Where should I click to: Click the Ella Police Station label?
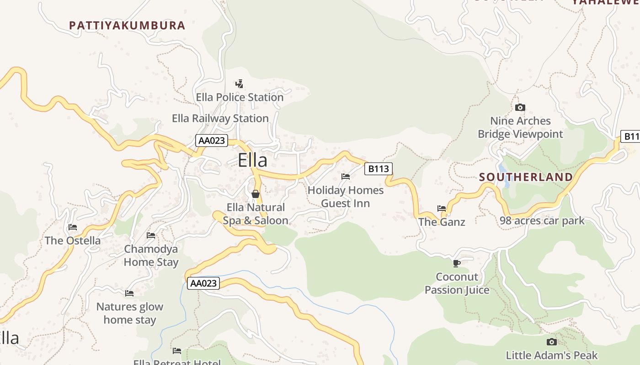coord(240,97)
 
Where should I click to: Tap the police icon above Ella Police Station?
coord(239,83)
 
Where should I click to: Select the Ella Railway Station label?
coord(220,119)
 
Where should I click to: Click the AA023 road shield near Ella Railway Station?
coord(212,141)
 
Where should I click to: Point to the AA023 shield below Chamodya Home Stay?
coord(203,283)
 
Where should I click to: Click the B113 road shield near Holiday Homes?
coord(379,169)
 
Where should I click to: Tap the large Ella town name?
coord(252,161)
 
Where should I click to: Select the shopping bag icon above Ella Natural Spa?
coord(256,194)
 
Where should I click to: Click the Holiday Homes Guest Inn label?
coord(346,197)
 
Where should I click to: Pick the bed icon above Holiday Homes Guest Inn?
coord(346,176)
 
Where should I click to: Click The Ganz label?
coord(442,222)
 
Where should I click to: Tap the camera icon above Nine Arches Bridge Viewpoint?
coord(520,108)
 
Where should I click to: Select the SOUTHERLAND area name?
coord(526,177)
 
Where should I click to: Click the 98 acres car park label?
coord(542,221)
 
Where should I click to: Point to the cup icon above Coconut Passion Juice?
coord(456,263)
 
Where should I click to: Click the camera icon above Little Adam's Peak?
coord(552,342)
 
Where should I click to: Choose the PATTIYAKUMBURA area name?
coord(127,26)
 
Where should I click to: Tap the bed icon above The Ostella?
coord(73,227)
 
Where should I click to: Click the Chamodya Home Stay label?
coord(151,255)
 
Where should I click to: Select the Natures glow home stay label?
coord(130,313)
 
